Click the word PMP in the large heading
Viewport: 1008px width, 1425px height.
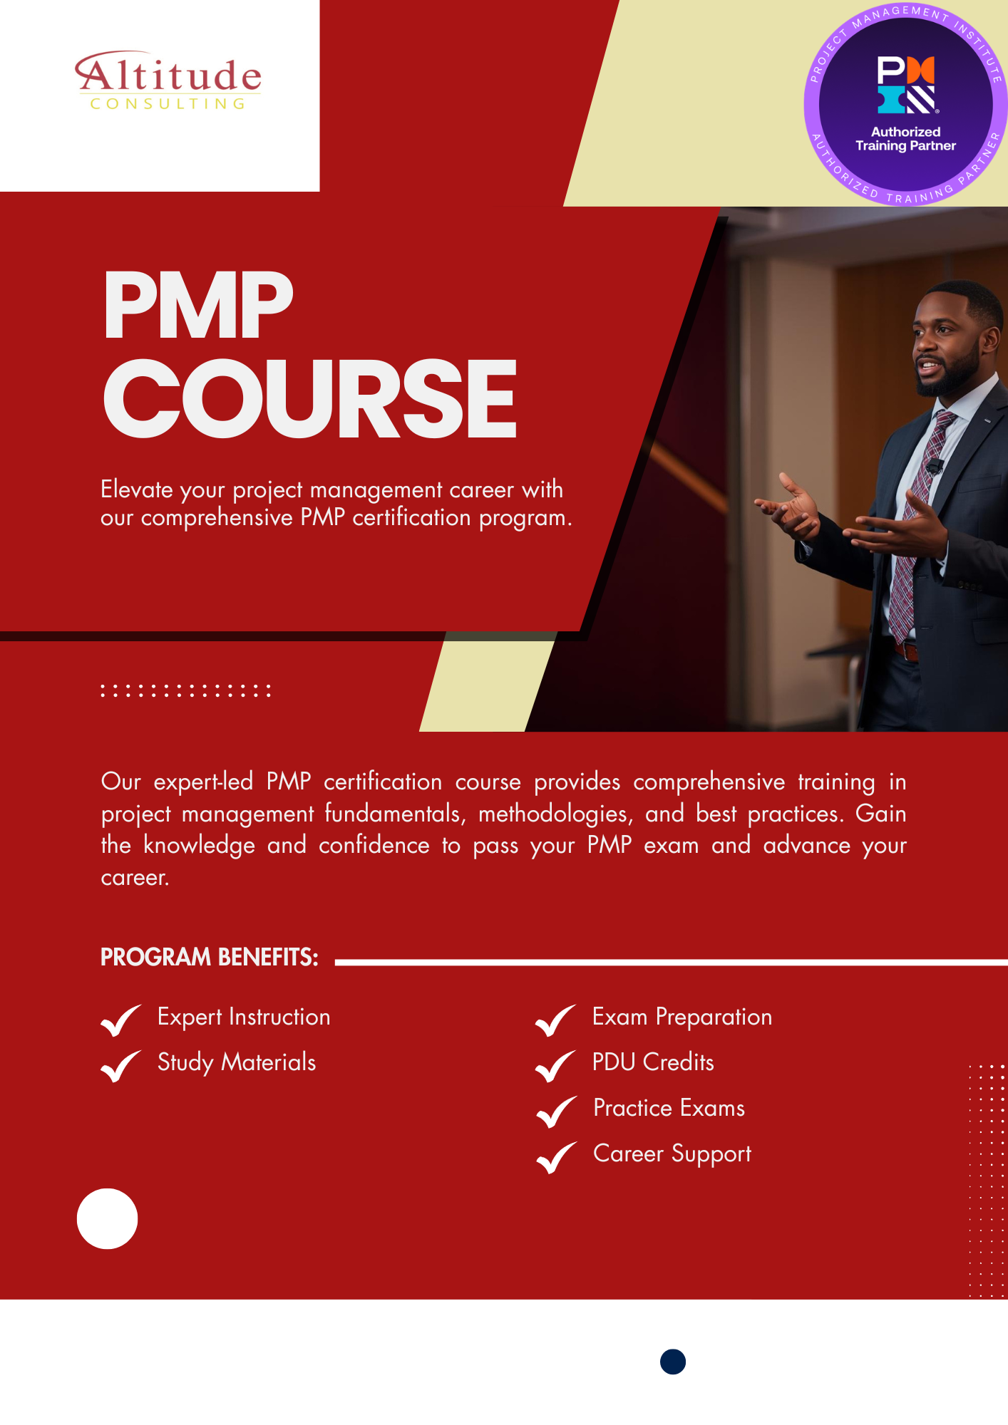click(198, 306)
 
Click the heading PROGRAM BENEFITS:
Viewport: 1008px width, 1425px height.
click(209, 957)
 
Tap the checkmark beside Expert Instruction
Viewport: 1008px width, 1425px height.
click(120, 1020)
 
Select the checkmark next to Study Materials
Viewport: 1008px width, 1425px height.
click(120, 1065)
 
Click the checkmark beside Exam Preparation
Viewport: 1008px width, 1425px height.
click(555, 1020)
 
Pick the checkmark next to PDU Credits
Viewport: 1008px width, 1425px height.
click(555, 1065)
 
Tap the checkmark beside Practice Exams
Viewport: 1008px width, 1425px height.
click(556, 1111)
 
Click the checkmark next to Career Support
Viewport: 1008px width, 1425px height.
click(556, 1156)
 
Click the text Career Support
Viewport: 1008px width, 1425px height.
click(672, 1154)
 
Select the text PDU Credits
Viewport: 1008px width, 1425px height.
click(653, 1062)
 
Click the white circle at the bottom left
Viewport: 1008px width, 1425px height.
click(107, 1218)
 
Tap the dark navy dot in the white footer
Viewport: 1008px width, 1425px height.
click(673, 1362)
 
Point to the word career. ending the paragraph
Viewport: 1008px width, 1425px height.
click(135, 878)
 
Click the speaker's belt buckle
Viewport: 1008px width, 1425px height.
click(905, 650)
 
